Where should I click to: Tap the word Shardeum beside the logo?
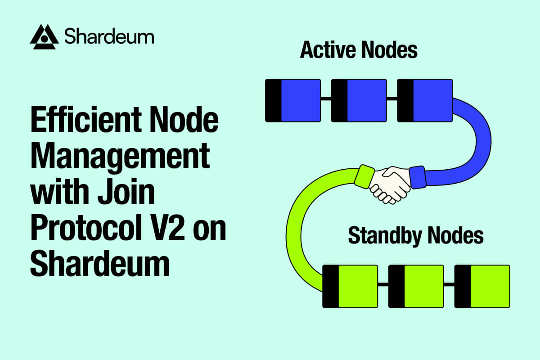tap(109, 36)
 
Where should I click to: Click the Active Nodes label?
tap(359, 50)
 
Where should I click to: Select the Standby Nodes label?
tap(416, 236)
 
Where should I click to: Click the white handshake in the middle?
tap(390, 182)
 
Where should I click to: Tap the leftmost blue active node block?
tap(293, 100)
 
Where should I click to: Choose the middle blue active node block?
tap(359, 100)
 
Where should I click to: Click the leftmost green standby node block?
tap(351, 286)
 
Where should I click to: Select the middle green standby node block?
tap(416, 286)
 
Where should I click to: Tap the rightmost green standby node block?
tap(482, 286)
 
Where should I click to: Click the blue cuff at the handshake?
tap(417, 177)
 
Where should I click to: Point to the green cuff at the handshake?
tap(364, 176)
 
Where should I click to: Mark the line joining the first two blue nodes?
tap(326, 98)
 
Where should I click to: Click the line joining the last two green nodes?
tap(449, 284)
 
